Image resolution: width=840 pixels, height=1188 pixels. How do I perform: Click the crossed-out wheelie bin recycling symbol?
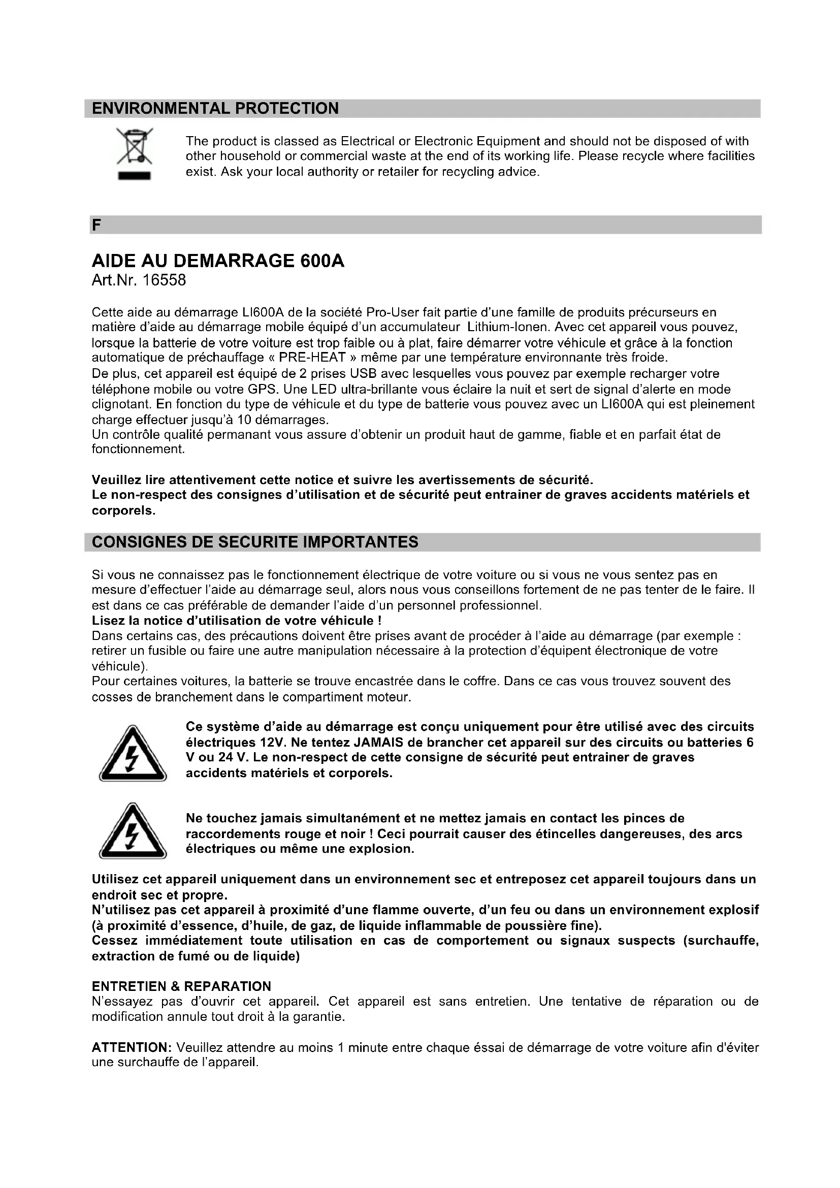134,146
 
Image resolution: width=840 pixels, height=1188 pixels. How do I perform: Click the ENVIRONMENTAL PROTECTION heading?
215,108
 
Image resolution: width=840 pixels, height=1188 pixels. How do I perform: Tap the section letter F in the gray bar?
96,225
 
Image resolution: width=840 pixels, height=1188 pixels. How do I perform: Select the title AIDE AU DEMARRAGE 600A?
218,261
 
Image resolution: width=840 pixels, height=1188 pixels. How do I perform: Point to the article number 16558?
164,280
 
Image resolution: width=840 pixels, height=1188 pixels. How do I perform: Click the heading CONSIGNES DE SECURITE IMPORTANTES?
255,542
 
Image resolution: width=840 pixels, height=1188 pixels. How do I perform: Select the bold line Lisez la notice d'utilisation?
236,620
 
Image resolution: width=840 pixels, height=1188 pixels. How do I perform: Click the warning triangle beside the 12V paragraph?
133,753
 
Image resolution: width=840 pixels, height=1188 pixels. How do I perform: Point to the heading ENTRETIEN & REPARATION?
181,986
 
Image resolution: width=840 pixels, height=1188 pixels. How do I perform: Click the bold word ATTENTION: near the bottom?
132,1048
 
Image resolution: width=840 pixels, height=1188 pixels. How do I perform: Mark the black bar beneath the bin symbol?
134,176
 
